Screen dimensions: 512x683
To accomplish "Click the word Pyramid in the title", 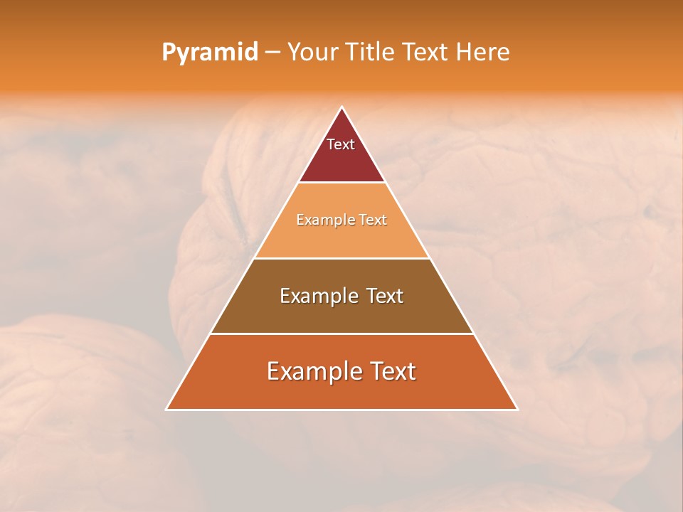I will [209, 53].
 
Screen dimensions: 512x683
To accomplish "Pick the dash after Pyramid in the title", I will [272, 53].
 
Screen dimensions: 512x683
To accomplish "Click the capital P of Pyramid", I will [169, 52].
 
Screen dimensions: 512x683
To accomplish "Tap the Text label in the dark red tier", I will [341, 144].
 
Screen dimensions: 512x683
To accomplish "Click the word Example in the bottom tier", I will [310, 371].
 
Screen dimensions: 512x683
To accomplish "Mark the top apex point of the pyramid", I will [341, 107].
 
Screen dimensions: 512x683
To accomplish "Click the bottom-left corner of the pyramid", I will [166, 409].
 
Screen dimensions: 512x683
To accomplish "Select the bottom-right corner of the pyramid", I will [517, 409].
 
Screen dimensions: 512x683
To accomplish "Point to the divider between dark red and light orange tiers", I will [341, 183].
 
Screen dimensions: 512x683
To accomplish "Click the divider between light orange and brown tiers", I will [341, 258].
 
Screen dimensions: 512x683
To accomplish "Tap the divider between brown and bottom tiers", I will [341, 334].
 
